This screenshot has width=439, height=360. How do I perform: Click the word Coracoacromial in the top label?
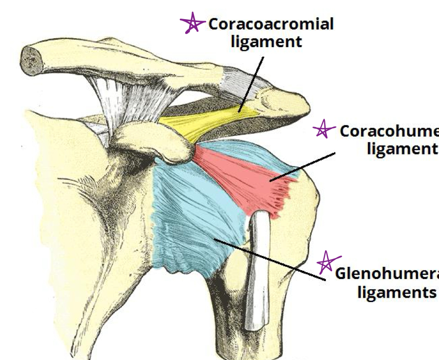click(271, 24)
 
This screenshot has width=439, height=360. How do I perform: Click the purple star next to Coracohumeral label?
click(323, 130)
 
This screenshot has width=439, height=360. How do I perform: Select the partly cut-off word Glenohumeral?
click(387, 274)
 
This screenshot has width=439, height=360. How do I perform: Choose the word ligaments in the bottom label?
click(396, 292)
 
